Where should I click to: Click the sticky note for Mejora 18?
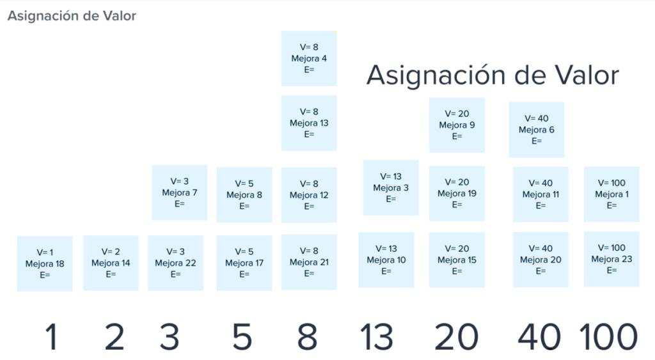[45, 263]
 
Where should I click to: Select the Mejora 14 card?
[111, 263]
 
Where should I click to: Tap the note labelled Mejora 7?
[180, 192]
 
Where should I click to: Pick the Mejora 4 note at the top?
[309, 58]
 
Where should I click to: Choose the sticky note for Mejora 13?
[309, 123]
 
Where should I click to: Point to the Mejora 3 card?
[391, 187]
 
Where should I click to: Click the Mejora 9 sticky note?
[457, 125]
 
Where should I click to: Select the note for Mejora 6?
[536, 130]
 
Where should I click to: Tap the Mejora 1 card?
[612, 194]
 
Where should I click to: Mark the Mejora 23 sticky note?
[612, 259]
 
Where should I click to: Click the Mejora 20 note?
[541, 260]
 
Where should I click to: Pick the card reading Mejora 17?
[244, 263]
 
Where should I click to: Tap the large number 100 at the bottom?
[608, 336]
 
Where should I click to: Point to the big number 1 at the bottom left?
[51, 336]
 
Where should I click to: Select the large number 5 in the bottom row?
[242, 336]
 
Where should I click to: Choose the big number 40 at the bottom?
[539, 336]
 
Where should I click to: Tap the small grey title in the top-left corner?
[72, 16]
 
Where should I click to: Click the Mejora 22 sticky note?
[176, 263]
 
